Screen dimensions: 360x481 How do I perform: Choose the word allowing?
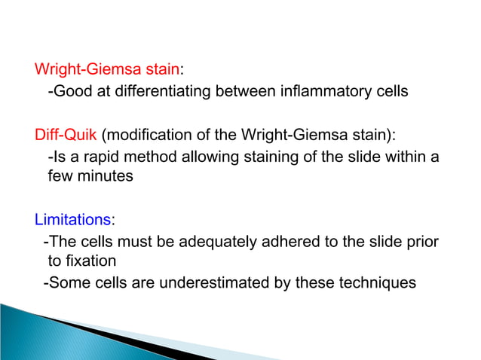(x=206, y=157)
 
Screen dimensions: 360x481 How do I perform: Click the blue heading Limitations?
(x=72, y=221)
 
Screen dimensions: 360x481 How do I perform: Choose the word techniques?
(x=381, y=284)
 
